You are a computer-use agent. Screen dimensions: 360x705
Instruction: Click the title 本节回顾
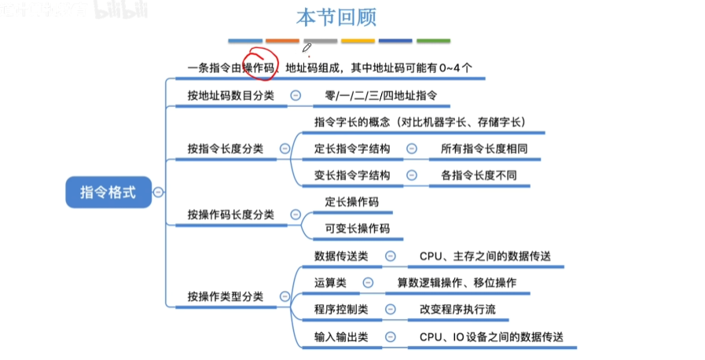coord(336,17)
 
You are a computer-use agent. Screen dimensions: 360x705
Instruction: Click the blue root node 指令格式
coord(108,192)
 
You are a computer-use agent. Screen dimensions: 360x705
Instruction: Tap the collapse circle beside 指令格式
coord(159,192)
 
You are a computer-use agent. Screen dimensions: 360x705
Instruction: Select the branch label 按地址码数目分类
coord(230,96)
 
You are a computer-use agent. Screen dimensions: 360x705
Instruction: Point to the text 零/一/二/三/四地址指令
coord(375,96)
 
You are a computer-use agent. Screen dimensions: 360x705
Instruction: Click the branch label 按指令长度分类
coord(230,148)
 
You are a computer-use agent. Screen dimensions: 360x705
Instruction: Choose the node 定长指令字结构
coord(352,148)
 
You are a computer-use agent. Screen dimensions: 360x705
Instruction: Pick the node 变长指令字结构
coord(352,174)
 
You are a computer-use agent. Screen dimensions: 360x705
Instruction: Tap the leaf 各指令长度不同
coord(473,174)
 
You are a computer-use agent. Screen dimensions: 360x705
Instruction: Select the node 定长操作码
coord(351,202)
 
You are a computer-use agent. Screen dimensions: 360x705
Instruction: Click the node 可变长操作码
coord(357,228)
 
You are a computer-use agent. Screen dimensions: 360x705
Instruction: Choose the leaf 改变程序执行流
coord(457,310)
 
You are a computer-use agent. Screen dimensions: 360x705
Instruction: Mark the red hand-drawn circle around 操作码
coord(260,65)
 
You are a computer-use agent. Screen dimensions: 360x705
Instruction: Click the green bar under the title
coord(433,41)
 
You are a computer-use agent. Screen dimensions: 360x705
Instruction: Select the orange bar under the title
coord(282,41)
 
